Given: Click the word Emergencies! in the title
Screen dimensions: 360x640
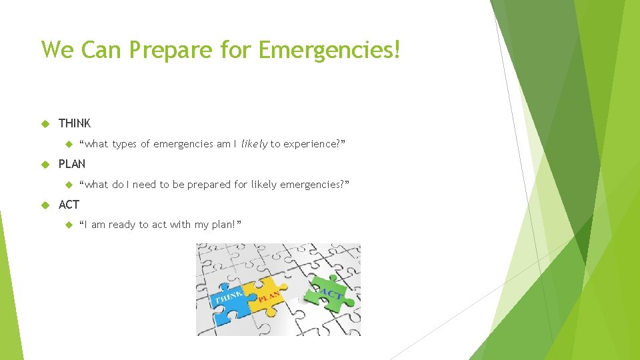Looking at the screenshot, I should click(x=329, y=49).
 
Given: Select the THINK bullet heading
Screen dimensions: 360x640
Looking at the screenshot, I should click(x=75, y=123).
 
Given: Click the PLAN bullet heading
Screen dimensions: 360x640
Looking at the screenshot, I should click(x=72, y=164).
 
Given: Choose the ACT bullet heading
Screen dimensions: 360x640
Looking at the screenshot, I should click(x=69, y=205).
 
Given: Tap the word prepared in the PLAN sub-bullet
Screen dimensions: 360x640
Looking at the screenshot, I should click(x=209, y=185).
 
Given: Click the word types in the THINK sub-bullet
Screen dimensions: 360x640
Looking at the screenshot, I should click(x=125, y=144).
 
